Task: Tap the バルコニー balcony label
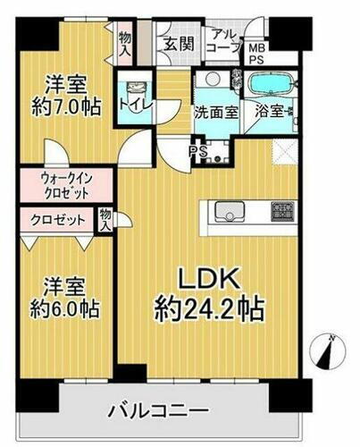(168, 411)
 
